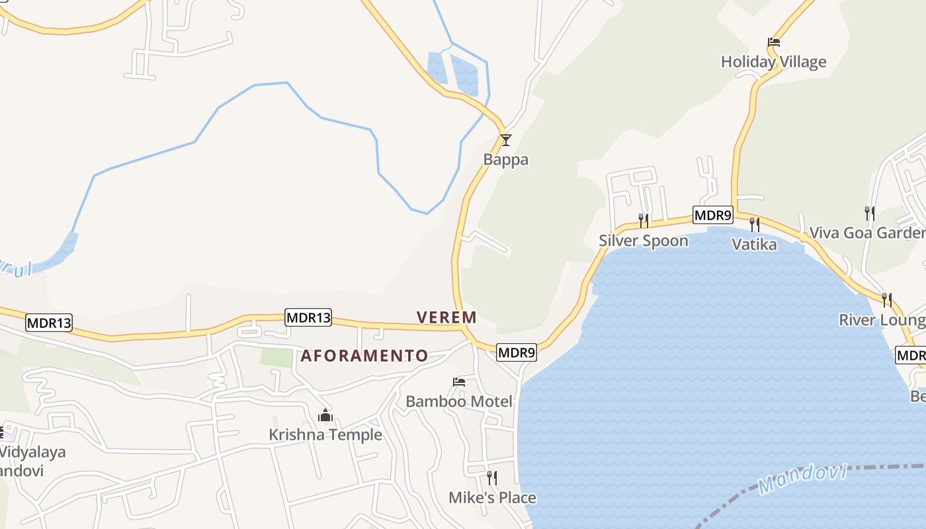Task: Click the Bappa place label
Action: click(506, 159)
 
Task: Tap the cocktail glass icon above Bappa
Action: click(506, 140)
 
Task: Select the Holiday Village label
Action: click(773, 61)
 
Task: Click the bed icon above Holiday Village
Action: click(774, 42)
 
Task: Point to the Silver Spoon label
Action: click(644, 240)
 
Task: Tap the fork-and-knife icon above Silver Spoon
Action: click(643, 220)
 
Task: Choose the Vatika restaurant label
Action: click(754, 244)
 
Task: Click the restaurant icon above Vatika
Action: click(754, 225)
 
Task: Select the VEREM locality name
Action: click(446, 317)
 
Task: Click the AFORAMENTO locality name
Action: click(364, 356)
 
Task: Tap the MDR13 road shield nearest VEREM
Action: click(308, 317)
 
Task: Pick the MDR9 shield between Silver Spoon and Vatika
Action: click(713, 215)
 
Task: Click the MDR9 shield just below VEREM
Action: click(516, 352)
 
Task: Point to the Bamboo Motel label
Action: click(459, 401)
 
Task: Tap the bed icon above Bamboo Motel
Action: click(459, 382)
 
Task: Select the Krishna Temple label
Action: click(325, 434)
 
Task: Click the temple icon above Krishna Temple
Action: click(325, 415)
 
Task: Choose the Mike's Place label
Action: click(492, 497)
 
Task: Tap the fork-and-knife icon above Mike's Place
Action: click(492, 477)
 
